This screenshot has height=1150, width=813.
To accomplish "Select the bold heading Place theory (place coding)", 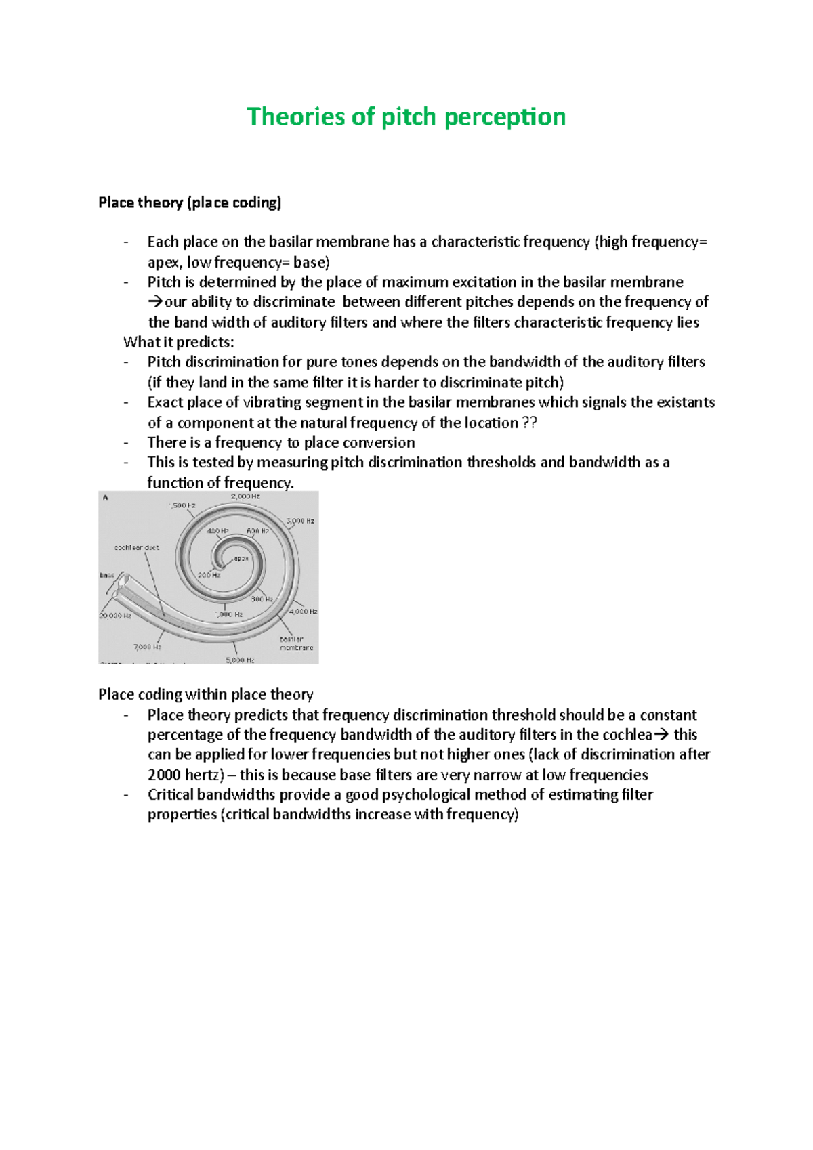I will click(190, 203).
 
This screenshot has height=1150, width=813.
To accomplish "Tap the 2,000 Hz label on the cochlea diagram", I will click(245, 496).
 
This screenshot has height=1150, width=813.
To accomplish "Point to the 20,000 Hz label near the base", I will click(115, 616).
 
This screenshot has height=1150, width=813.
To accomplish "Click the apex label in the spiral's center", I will click(241, 559).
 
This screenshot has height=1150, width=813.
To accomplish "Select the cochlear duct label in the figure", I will click(137, 547).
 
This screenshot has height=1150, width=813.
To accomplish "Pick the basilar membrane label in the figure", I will click(296, 643).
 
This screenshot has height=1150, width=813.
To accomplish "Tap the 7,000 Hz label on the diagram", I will click(147, 647).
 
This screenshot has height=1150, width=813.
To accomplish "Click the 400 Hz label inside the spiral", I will click(217, 531).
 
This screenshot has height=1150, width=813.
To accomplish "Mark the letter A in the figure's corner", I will click(105, 498).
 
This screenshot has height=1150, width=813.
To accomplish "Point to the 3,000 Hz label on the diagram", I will click(300, 521).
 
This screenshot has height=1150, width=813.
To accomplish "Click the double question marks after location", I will click(530, 423).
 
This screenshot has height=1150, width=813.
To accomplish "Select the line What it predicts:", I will click(178, 342).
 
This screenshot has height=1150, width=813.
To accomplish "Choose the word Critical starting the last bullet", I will click(171, 794).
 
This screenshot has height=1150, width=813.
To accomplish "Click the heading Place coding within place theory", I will click(205, 694).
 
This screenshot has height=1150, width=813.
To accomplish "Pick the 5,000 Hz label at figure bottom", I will click(240, 660).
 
